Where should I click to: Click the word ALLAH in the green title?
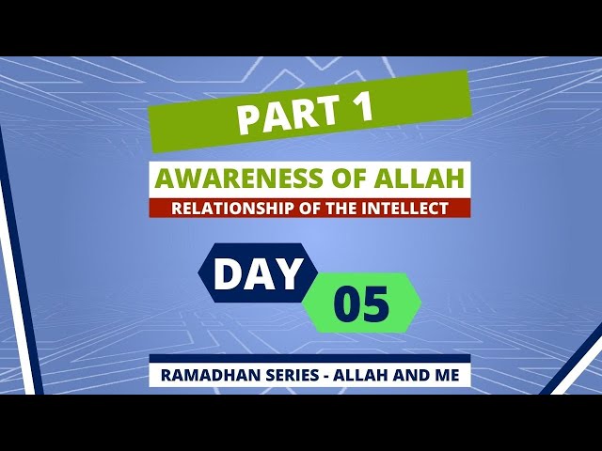pos(420,179)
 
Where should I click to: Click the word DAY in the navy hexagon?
pos(257,273)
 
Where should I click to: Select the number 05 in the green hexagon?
pos(361,303)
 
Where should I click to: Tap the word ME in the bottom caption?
pos(447,375)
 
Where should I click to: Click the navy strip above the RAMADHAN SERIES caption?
pos(309,358)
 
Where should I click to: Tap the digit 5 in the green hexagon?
pos(375,303)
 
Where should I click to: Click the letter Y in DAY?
pos(287,273)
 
